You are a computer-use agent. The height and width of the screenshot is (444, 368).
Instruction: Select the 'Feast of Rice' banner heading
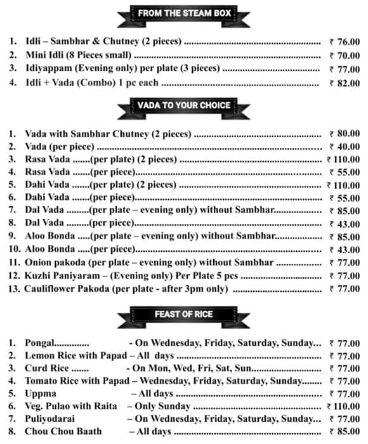[183, 313]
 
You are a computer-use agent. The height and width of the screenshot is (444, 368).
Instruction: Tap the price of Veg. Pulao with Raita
[343, 406]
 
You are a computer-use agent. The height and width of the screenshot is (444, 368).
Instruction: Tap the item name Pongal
[40, 343]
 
